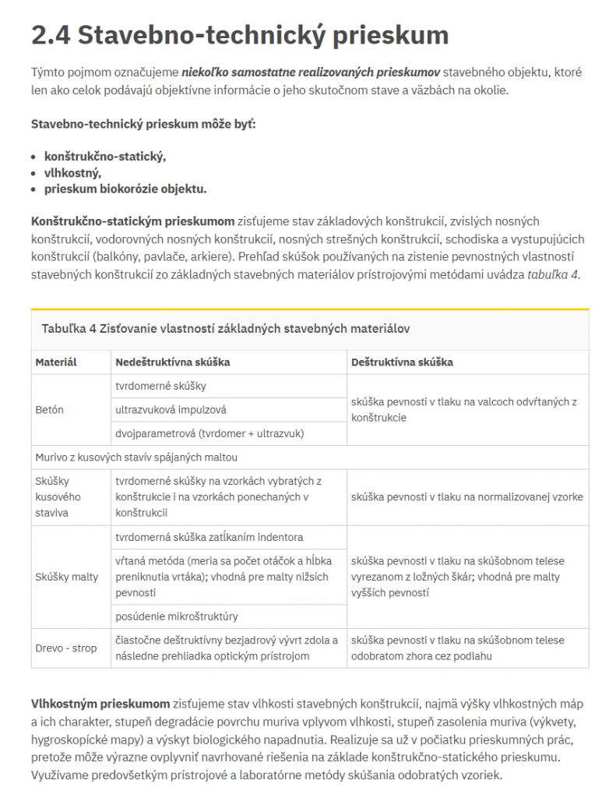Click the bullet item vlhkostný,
tap(72, 172)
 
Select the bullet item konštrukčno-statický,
tap(105, 156)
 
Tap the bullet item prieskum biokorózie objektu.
tap(125, 189)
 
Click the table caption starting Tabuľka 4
tap(226, 329)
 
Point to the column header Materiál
tap(56, 362)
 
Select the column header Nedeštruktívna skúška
tap(172, 362)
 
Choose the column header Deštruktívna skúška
tap(402, 362)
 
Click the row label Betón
tap(49, 409)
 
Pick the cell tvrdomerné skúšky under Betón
tap(160, 386)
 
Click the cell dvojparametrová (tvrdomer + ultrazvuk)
tap(209, 433)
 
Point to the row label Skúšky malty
tap(67, 577)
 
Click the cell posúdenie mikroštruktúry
tap(176, 616)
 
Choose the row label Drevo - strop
tap(66, 648)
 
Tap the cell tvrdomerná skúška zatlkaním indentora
tap(209, 537)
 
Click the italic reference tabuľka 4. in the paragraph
tap(554, 274)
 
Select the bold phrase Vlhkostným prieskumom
tap(100, 702)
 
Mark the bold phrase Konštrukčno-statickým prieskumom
tap(132, 221)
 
